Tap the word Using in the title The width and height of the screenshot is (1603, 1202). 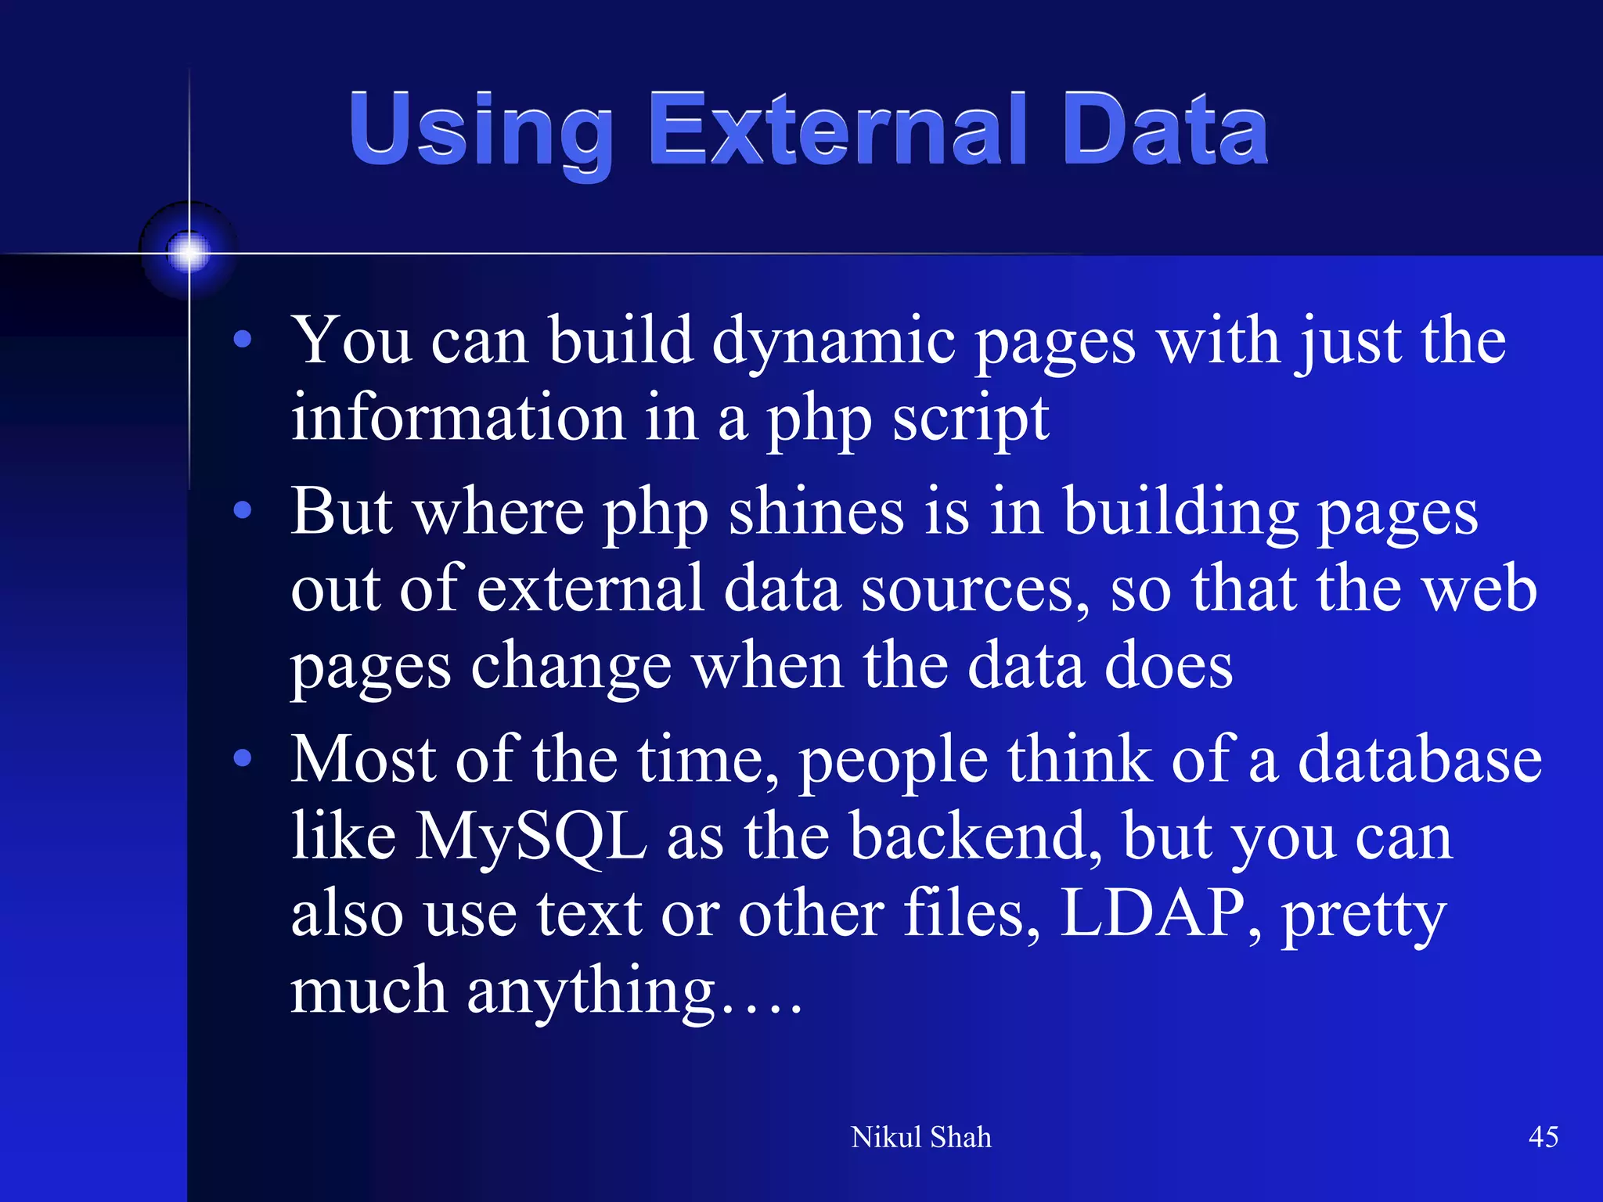pyautogui.click(x=481, y=130)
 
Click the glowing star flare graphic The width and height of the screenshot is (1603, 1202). pyautogui.click(x=189, y=252)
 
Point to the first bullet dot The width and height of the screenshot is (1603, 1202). pyautogui.click(x=243, y=340)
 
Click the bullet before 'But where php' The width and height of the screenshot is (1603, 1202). pyautogui.click(x=243, y=511)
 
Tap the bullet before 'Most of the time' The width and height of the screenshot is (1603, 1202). pyautogui.click(x=243, y=758)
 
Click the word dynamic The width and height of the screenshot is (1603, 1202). pyautogui.click(x=833, y=343)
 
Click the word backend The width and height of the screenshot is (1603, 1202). pyautogui.click(x=975, y=836)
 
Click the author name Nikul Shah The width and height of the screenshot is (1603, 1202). pyautogui.click(x=920, y=1137)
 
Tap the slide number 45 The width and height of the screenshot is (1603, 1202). pyautogui.click(x=1543, y=1137)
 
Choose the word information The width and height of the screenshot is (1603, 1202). pyautogui.click(x=457, y=419)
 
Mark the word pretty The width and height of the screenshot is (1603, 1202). pyautogui.click(x=1363, y=916)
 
